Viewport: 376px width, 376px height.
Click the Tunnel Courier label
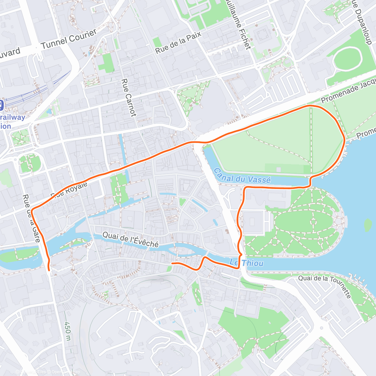(x=69, y=39)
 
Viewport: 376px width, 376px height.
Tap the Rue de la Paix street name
(x=178, y=43)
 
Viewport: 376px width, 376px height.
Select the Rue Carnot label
(x=129, y=97)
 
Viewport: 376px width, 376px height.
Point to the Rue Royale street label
(x=69, y=190)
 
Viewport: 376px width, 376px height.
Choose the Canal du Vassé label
(x=242, y=175)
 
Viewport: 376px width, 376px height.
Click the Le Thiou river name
(x=246, y=263)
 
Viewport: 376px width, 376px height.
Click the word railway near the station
(x=13, y=118)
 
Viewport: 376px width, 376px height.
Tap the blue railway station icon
(x=1, y=105)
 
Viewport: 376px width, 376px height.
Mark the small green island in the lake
(x=368, y=225)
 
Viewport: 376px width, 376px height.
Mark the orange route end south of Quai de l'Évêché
(x=172, y=264)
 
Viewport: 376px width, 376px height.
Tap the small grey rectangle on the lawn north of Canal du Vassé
(x=279, y=170)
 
